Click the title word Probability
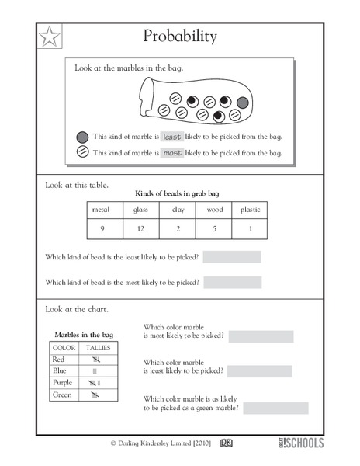(180, 37)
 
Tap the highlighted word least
(171, 137)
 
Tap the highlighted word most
(171, 153)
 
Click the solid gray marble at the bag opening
(243, 103)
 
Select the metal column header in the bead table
(102, 210)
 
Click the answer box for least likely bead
(232, 257)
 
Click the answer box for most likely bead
(232, 282)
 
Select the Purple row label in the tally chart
(63, 383)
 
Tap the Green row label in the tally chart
(62, 395)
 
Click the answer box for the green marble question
(275, 408)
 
